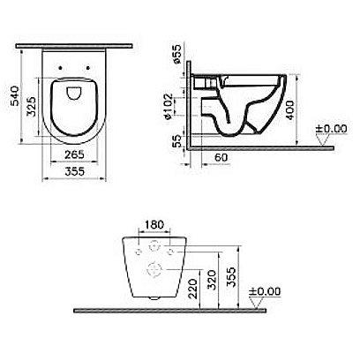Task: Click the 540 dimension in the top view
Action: tap(12, 88)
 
